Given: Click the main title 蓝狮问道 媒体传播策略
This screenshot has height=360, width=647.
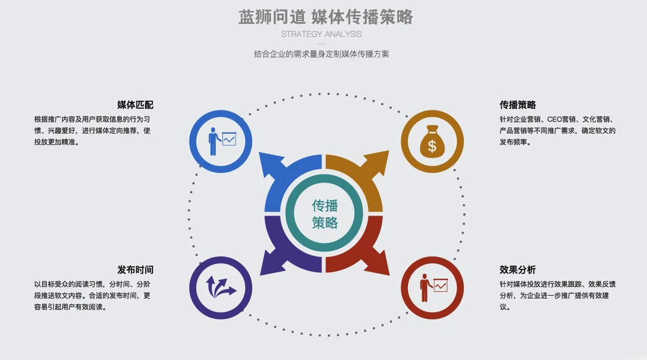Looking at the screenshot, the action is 325,17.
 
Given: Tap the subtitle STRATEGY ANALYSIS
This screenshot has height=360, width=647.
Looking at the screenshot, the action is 321,35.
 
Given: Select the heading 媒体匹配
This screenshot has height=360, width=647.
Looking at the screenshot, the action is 135,105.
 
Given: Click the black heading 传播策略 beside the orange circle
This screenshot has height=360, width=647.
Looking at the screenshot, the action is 518,105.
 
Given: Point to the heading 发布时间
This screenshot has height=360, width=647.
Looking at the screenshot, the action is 135,270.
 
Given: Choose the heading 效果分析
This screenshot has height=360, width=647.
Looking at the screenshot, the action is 518,270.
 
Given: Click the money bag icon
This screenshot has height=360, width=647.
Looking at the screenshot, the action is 432,141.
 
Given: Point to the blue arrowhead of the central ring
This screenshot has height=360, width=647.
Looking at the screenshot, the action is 271,164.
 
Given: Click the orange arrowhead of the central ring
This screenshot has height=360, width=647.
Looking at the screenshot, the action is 376,163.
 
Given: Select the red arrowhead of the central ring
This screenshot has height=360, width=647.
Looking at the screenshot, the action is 376,262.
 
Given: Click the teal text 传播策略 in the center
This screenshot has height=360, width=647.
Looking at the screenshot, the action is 325,214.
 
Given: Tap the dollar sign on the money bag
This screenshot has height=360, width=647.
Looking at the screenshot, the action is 432,146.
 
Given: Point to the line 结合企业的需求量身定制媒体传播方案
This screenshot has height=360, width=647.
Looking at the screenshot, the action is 321,54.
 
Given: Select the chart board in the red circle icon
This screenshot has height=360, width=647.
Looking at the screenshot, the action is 441,285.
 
